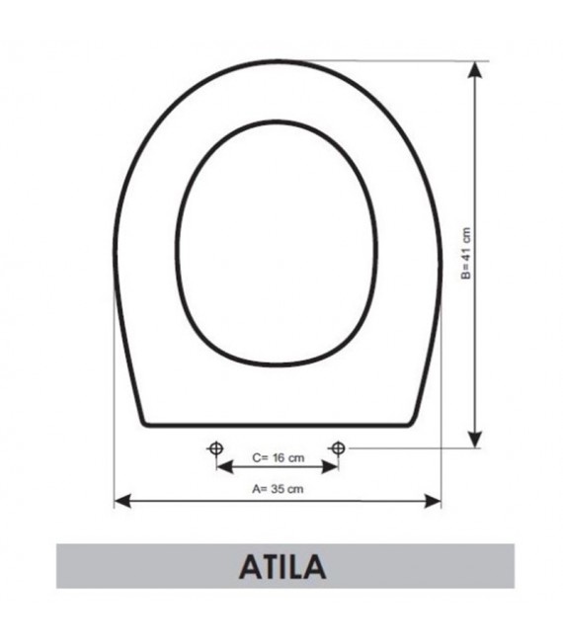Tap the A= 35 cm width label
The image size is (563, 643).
point(277,487)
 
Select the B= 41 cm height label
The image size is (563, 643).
point(466,255)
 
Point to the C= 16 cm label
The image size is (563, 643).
point(278,457)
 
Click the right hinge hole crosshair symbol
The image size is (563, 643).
point(338,448)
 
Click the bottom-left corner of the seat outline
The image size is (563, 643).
point(145,425)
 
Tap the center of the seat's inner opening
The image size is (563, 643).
point(277,242)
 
